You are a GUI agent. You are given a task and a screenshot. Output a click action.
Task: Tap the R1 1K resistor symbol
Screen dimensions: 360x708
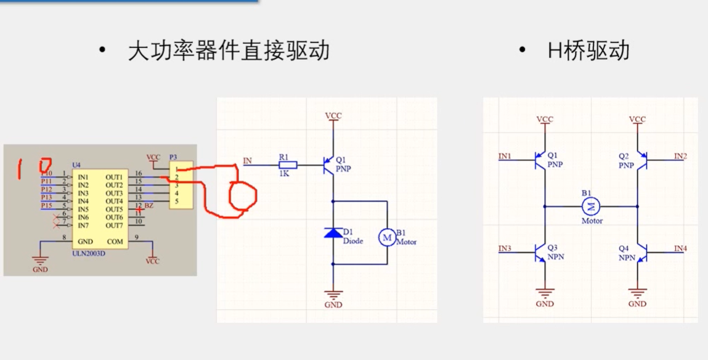[288, 165]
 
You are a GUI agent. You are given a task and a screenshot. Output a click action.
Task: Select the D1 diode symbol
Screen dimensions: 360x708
[333, 233]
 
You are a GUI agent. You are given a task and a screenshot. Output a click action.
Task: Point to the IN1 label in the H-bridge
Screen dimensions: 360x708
[505, 157]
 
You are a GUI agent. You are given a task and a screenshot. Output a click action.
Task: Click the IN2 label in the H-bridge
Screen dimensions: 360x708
[680, 157]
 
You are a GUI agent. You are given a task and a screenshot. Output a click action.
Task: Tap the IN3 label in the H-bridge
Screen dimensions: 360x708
[505, 248]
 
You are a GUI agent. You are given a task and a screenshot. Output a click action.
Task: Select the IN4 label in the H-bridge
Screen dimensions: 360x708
[680, 248]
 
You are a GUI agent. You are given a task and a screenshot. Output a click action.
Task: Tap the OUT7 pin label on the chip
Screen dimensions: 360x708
[114, 225]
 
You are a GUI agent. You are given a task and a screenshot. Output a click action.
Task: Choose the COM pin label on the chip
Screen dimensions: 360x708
[115, 242]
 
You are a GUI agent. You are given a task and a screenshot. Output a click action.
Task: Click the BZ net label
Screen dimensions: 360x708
[149, 206]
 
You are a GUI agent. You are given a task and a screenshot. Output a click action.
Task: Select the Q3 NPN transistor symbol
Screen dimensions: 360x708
[541, 252]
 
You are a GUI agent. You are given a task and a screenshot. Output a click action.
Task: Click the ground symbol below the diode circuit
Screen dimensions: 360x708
[333, 295]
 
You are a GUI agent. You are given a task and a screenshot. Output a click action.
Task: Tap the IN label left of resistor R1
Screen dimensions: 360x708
[247, 161]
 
